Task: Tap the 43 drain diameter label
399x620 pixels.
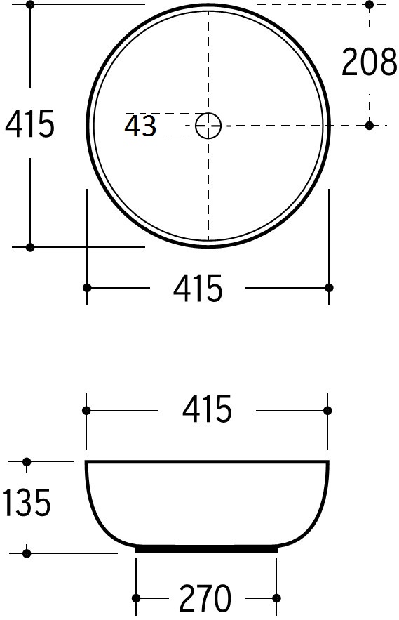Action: coord(140,126)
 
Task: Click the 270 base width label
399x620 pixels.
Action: coord(205,598)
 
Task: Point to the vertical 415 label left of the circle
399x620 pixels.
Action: coord(29,125)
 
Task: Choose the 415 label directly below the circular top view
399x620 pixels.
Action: coord(198,289)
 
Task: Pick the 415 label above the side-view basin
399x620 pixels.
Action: coord(207,410)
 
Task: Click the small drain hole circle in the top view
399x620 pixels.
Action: coord(208,126)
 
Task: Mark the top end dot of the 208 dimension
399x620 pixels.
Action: coord(370,5)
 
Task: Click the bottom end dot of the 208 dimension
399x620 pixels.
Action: coord(370,126)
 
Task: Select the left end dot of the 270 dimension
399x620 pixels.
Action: coord(136,598)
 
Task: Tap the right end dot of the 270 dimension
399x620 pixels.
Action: coord(277,598)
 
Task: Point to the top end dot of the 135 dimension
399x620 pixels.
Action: coord(27,461)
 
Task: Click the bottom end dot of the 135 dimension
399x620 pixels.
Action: coord(27,553)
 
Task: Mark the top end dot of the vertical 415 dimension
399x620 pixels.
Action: coord(30,4)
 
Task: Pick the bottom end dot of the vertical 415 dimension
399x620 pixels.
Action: coord(30,247)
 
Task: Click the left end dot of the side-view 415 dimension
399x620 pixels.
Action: coord(86,410)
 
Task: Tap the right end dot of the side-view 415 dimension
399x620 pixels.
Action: coord(327,410)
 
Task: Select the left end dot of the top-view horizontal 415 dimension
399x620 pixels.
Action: coord(87,288)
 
